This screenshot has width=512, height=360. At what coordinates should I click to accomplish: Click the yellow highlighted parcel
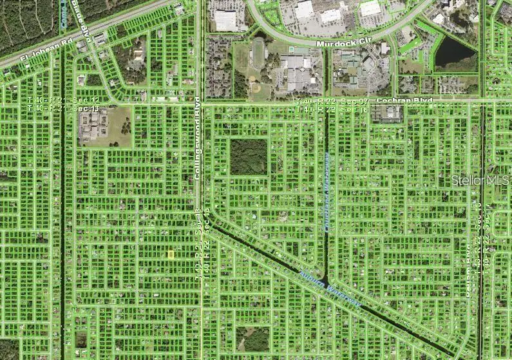[171, 254]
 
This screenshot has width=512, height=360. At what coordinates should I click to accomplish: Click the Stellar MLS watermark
[480, 181]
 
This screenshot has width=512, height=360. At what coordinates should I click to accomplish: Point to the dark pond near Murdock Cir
[455, 53]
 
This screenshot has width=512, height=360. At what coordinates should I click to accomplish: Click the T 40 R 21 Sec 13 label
[64, 109]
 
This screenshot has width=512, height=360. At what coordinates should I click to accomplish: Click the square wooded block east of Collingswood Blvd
[249, 157]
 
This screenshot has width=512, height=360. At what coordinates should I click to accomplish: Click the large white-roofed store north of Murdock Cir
[225, 20]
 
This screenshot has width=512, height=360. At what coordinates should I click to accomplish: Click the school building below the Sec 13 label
[92, 126]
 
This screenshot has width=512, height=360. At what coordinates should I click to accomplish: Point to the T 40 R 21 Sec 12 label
[64, 102]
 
